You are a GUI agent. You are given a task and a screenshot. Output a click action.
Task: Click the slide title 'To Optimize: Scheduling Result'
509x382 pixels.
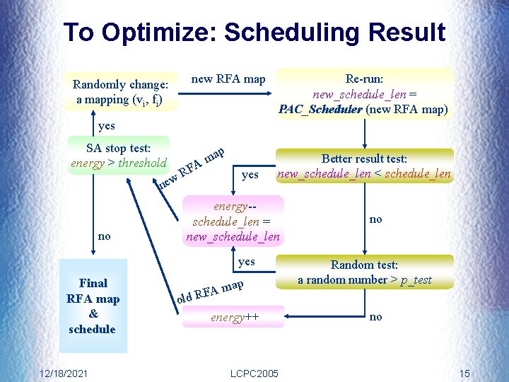(255, 33)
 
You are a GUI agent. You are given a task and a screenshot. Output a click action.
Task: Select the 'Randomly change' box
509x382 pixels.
(119, 92)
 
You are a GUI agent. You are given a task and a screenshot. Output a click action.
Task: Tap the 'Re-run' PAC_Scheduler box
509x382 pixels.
(364, 93)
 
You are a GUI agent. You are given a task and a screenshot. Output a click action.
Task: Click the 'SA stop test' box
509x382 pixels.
(119, 156)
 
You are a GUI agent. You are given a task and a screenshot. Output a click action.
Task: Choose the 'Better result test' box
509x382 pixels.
(364, 166)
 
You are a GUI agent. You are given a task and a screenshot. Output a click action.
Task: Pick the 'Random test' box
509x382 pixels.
(364, 272)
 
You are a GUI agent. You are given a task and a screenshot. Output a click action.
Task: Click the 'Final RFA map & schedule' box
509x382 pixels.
(93, 306)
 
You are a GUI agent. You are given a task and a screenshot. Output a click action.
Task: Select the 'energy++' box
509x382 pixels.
(233, 317)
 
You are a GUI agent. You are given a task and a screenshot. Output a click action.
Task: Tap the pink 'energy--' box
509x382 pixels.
(233, 221)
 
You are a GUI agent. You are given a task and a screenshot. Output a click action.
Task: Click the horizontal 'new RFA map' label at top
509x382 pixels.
(228, 79)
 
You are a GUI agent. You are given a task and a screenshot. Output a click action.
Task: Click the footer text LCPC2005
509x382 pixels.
(255, 373)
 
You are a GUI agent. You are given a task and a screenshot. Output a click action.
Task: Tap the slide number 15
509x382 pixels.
(464, 373)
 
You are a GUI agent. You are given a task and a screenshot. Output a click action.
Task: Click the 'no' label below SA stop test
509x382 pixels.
(104, 236)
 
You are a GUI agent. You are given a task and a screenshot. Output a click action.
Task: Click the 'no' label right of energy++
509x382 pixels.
(375, 317)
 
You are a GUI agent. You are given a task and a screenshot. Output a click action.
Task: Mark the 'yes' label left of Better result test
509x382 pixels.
(250, 174)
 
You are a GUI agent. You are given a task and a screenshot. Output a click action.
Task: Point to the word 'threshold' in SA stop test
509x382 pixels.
(142, 163)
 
